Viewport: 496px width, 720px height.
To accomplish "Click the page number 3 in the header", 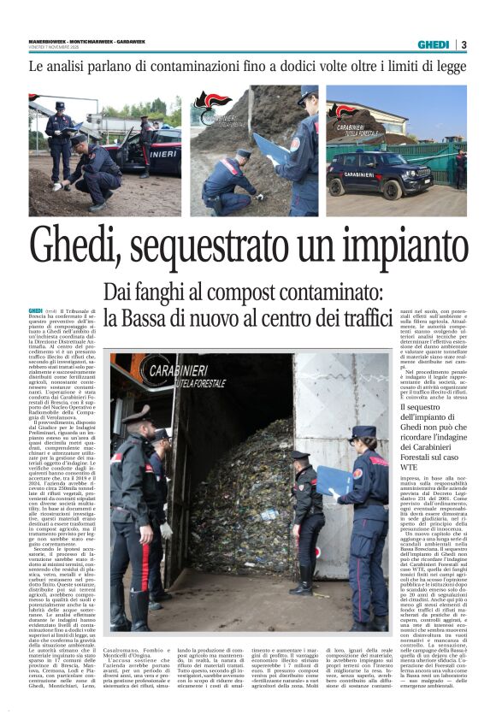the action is click(464, 44).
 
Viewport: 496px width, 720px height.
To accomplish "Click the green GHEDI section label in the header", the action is click(434, 44).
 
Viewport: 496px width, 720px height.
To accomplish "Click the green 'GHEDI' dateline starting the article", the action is click(35, 310).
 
